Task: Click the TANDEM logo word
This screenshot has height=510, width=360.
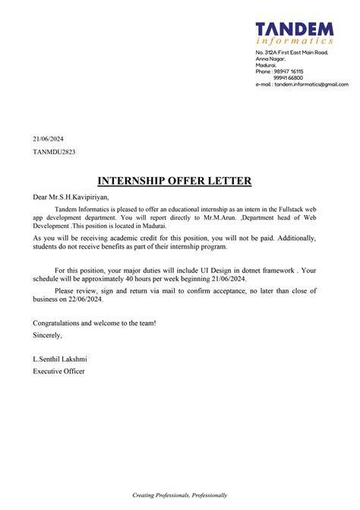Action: tap(294, 29)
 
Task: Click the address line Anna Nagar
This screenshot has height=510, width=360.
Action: tap(270, 59)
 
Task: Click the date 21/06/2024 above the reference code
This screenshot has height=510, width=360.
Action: tap(48, 138)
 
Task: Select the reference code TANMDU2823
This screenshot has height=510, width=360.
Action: tap(54, 152)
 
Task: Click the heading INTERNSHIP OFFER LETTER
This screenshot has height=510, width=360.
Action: tap(175, 181)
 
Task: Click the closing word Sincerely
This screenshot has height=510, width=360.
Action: tap(48, 334)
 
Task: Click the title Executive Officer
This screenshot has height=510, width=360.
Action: tap(59, 371)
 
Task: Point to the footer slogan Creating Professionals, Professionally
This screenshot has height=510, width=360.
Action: tap(179, 495)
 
